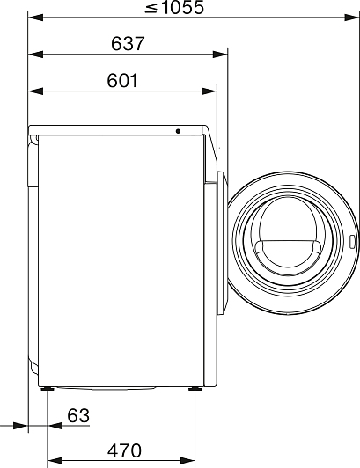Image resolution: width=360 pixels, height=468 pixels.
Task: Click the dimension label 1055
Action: [182, 7]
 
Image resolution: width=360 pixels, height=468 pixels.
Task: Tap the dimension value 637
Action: [128, 44]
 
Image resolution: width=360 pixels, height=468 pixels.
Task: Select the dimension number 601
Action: [122, 81]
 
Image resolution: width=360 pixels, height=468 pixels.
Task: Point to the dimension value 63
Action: [78, 415]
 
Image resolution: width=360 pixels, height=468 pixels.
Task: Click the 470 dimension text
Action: [124, 450]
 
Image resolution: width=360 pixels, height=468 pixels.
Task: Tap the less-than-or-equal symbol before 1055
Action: [151, 9]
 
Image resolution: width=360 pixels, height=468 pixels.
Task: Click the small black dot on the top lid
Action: [178, 131]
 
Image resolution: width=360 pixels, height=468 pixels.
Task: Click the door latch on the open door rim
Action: [352, 242]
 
